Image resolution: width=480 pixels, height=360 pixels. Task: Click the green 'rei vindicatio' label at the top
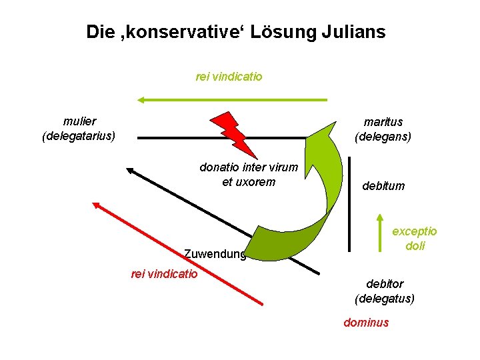229,77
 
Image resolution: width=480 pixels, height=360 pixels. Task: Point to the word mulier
79,121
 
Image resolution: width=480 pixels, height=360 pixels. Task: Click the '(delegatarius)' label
79,136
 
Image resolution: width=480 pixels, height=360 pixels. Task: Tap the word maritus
383,122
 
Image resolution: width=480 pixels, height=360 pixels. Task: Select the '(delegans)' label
383,137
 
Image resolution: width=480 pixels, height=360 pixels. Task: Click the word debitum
383,186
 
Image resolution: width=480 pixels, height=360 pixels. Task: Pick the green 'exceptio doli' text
414,238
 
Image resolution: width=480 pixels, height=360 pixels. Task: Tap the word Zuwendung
215,253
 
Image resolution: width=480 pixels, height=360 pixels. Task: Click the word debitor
385,284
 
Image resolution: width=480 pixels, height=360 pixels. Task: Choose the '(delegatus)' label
385,298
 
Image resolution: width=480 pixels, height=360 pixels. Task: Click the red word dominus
365,323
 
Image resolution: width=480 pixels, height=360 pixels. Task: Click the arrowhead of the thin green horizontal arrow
141,100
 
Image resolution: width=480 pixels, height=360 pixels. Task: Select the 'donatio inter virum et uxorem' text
248,174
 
